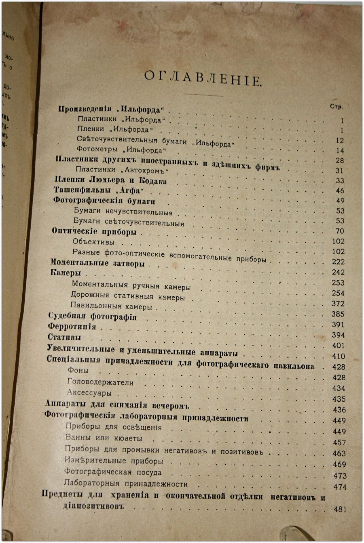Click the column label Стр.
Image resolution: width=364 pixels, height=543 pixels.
(x=336, y=107)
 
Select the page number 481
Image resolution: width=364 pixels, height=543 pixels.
(x=340, y=509)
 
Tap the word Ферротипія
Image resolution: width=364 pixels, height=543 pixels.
(x=72, y=326)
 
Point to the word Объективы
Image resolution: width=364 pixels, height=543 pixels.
(x=93, y=242)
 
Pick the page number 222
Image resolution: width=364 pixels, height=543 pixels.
(x=338, y=262)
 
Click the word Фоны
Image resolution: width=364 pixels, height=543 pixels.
(x=78, y=370)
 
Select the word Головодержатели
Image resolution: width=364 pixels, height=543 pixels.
(x=100, y=382)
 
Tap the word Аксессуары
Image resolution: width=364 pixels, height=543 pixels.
(x=89, y=393)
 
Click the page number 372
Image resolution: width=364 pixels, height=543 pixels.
(x=338, y=293)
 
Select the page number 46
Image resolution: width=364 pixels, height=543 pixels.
(x=340, y=191)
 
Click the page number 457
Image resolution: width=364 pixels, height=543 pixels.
(x=339, y=442)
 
